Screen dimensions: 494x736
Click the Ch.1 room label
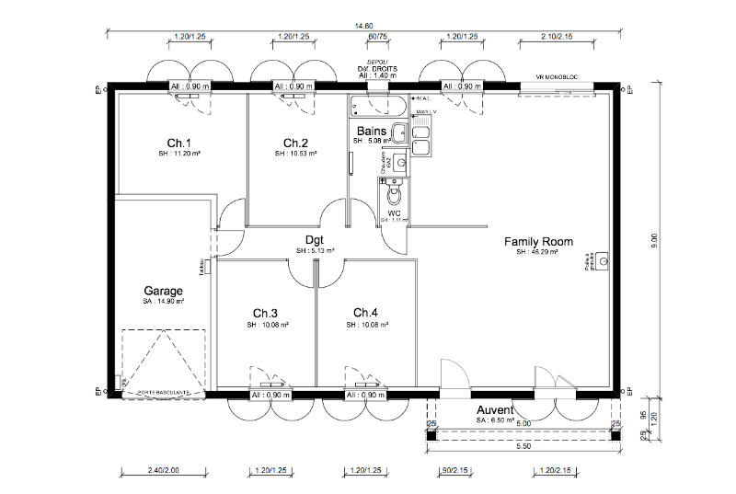(x=178, y=143)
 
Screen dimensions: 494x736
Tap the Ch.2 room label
(x=294, y=143)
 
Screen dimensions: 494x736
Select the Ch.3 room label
(x=266, y=312)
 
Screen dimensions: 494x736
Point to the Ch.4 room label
(x=366, y=312)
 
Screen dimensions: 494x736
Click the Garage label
(x=163, y=291)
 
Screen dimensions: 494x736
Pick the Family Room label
(x=538, y=242)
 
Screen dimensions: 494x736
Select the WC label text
(x=394, y=213)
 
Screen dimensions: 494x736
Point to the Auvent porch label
(x=494, y=409)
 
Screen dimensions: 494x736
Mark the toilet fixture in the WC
(x=396, y=192)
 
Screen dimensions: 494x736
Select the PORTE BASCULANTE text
(x=164, y=393)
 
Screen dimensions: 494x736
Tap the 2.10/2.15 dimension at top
(x=558, y=37)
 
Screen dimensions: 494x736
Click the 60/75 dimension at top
(x=376, y=37)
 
